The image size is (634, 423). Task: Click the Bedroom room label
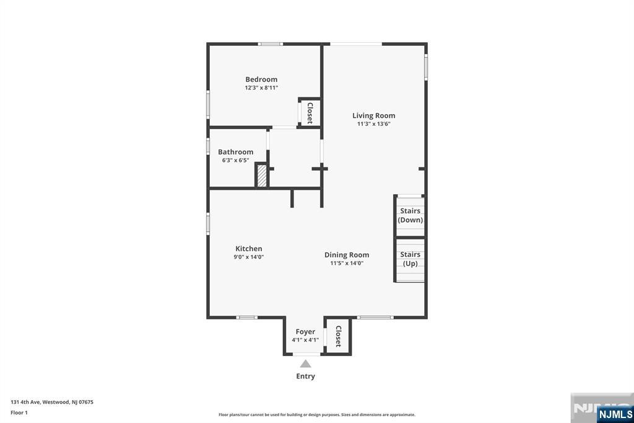(x=261, y=79)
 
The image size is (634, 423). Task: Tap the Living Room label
(x=373, y=116)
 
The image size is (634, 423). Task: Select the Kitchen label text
(x=249, y=249)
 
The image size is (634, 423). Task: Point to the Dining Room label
(x=347, y=255)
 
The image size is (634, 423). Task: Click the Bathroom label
(x=235, y=152)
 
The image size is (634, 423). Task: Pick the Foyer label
(x=305, y=332)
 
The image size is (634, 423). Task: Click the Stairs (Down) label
(x=410, y=215)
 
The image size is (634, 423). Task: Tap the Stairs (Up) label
(x=410, y=259)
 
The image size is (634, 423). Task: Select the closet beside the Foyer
(x=338, y=336)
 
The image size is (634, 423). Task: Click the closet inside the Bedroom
(x=310, y=113)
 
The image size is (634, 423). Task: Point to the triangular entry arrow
(x=305, y=363)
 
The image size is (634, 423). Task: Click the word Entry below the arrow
(x=305, y=376)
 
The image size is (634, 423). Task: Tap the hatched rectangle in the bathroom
(x=262, y=176)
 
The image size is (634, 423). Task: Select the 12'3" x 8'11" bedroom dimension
(x=261, y=87)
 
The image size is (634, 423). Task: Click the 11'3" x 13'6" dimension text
(x=373, y=124)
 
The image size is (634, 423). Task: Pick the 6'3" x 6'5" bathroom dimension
(x=235, y=160)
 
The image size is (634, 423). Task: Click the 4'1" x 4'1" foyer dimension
(x=305, y=340)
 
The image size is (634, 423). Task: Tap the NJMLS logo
(x=615, y=414)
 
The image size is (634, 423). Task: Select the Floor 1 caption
(x=19, y=412)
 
